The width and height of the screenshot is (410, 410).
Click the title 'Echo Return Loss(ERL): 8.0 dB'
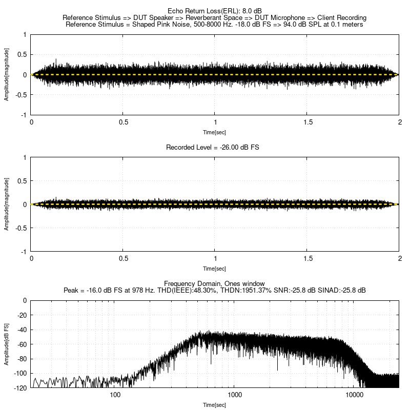coord(215,11)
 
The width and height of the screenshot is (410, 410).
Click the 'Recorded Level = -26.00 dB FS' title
coord(215,147)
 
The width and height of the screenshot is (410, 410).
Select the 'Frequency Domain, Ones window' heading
coord(215,283)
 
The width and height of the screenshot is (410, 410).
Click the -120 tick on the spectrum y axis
coord(20,388)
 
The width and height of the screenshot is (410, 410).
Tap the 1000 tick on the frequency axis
coord(235,395)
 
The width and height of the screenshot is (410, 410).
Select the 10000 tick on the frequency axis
coord(355,395)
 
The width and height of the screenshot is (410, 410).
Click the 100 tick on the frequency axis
coord(115,395)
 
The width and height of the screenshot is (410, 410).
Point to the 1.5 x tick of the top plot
coord(307,122)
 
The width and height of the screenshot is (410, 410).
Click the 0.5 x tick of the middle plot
coord(123,259)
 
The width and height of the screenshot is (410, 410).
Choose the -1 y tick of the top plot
coord(24,115)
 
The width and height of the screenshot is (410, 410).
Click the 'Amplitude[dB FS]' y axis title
coord(7,344)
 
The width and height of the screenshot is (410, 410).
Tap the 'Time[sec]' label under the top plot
coord(215,132)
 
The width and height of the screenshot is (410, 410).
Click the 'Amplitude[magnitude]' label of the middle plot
coord(7,204)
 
